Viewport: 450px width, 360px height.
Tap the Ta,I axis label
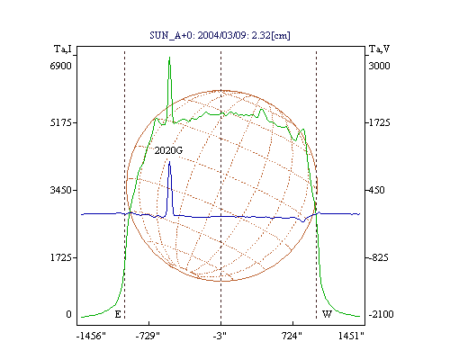pyautogui.click(x=63, y=49)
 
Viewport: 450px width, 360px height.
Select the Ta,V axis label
pyautogui.click(x=379, y=49)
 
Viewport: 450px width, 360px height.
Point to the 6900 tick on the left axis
pyautogui.click(x=60, y=66)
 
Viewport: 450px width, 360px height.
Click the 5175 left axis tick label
pyautogui.click(x=60, y=122)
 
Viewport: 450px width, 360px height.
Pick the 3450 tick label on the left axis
pyautogui.click(x=60, y=190)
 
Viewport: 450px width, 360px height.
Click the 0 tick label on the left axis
pyautogui.click(x=68, y=314)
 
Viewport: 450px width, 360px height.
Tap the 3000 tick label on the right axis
pyautogui.click(x=379, y=66)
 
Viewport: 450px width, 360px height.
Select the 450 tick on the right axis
pyautogui.click(x=376, y=190)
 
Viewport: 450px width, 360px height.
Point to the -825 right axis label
pyautogui.click(x=378, y=257)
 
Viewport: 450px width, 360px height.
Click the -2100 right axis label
pyautogui.click(x=381, y=314)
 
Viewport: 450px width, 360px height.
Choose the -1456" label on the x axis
pyautogui.click(x=91, y=336)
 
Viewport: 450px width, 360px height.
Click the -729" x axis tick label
pyautogui.click(x=148, y=336)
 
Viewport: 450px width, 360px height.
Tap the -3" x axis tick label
pyautogui.click(x=220, y=336)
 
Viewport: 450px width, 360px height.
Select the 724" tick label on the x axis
pyautogui.click(x=292, y=336)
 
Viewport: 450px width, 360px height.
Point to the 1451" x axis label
pyautogui.click(x=351, y=336)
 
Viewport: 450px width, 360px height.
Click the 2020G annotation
pyautogui.click(x=168, y=150)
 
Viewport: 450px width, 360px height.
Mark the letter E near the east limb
pyautogui.click(x=118, y=314)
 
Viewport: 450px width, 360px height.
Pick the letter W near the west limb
pyautogui.click(x=327, y=314)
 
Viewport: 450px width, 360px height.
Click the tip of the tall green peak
pyautogui.click(x=169, y=57)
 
